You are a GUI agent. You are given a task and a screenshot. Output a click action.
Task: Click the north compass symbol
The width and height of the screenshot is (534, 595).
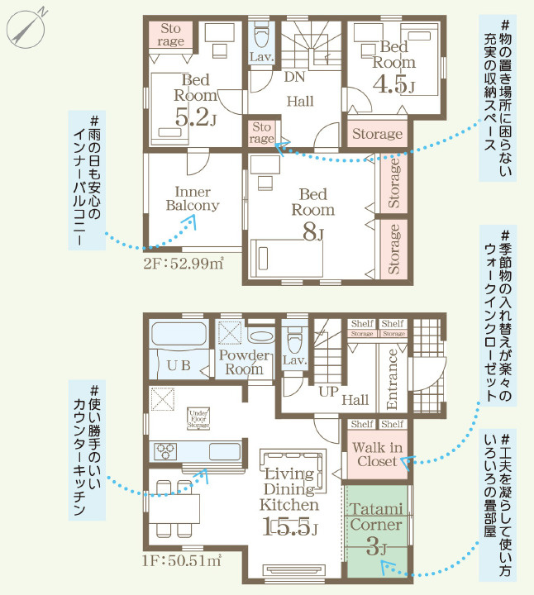pyautogui.click(x=26, y=28)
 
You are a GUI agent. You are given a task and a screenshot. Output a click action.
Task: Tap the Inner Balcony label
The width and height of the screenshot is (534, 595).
pyautogui.click(x=192, y=198)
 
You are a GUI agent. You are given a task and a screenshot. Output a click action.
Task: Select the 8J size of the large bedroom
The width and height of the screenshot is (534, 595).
pyautogui.click(x=312, y=233)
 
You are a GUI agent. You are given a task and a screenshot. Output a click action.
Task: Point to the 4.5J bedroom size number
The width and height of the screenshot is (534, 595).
pyautogui.click(x=393, y=83)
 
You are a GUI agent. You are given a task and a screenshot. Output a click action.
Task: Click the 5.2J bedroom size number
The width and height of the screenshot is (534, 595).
pyautogui.click(x=195, y=117)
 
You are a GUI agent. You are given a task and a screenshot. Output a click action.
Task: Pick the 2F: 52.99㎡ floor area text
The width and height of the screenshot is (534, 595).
pyautogui.click(x=184, y=264)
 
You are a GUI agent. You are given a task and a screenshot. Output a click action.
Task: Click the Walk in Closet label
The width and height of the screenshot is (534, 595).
pyautogui.click(x=375, y=455)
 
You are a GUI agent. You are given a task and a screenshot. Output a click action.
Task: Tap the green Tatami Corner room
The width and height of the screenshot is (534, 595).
pyautogui.click(x=376, y=529)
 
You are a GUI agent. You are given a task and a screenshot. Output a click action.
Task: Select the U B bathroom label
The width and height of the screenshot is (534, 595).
pyautogui.click(x=180, y=364)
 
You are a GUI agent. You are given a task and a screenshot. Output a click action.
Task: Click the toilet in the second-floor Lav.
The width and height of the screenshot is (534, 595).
pyautogui.click(x=262, y=36)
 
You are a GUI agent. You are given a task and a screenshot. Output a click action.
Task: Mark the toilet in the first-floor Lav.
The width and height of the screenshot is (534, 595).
pyautogui.click(x=294, y=340)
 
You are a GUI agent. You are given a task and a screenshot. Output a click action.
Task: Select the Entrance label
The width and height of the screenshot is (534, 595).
pyautogui.click(x=393, y=380)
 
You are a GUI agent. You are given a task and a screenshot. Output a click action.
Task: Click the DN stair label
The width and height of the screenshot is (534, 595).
pyautogui.click(x=293, y=78)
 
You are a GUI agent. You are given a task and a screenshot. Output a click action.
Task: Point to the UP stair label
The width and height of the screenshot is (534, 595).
pyautogui.click(x=328, y=392)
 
